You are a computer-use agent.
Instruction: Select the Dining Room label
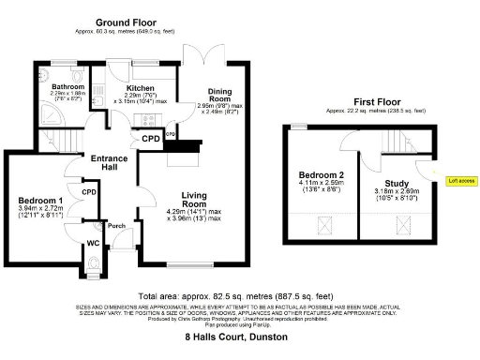[x=218, y=94]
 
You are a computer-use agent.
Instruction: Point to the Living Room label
[x=194, y=199]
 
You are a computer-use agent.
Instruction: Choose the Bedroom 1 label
[x=41, y=201]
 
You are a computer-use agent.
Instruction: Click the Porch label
[x=116, y=225]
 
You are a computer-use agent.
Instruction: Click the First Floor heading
[x=374, y=100]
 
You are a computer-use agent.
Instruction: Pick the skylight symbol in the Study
[x=402, y=224]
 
